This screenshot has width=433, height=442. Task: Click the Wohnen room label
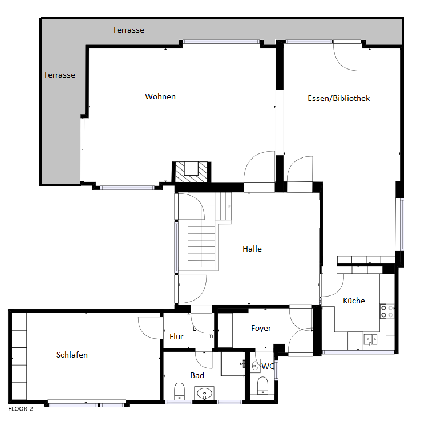click(160, 96)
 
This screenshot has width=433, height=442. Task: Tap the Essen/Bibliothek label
click(338, 98)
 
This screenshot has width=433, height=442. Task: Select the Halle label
click(252, 249)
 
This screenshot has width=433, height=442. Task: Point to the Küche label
click(354, 301)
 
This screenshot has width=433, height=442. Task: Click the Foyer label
click(261, 328)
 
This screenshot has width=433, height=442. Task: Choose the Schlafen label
click(72, 355)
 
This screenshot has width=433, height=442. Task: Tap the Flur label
click(176, 336)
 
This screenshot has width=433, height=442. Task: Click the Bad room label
click(197, 375)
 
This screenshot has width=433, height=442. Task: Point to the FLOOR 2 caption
click(21, 409)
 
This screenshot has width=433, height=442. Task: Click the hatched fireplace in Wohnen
click(192, 172)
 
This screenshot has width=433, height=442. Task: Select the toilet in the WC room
click(263, 386)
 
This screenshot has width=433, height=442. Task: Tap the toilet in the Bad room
click(179, 391)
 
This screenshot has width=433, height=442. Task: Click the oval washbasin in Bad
click(204, 393)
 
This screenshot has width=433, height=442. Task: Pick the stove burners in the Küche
click(387, 311)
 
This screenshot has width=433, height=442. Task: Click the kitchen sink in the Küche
click(370, 340)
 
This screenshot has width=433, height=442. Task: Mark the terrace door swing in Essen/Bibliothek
click(347, 56)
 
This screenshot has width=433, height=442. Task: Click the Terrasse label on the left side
click(59, 75)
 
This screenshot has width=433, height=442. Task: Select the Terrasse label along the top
click(128, 30)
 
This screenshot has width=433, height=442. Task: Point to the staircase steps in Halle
click(201, 244)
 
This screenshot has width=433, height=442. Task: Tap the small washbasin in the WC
click(255, 366)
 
